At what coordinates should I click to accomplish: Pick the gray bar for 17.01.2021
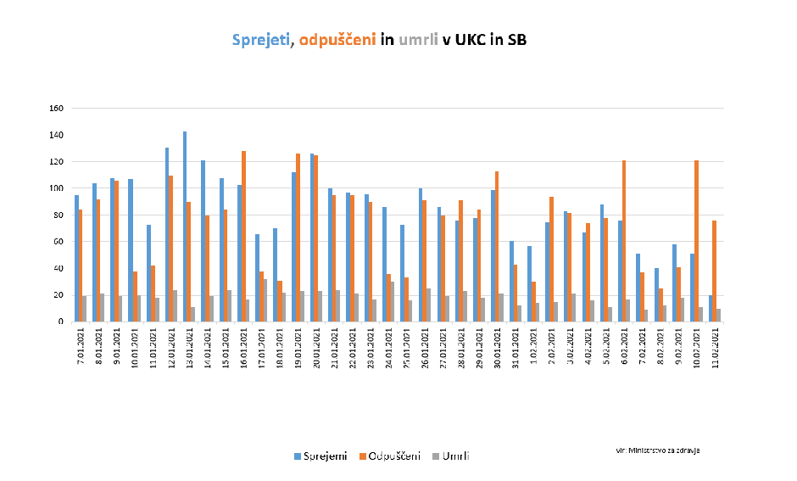point(265,300)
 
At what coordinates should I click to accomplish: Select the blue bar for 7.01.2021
point(76,258)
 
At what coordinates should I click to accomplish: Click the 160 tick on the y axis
point(58,109)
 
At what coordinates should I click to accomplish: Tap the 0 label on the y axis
point(62,322)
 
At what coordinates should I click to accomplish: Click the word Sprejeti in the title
point(261,40)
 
